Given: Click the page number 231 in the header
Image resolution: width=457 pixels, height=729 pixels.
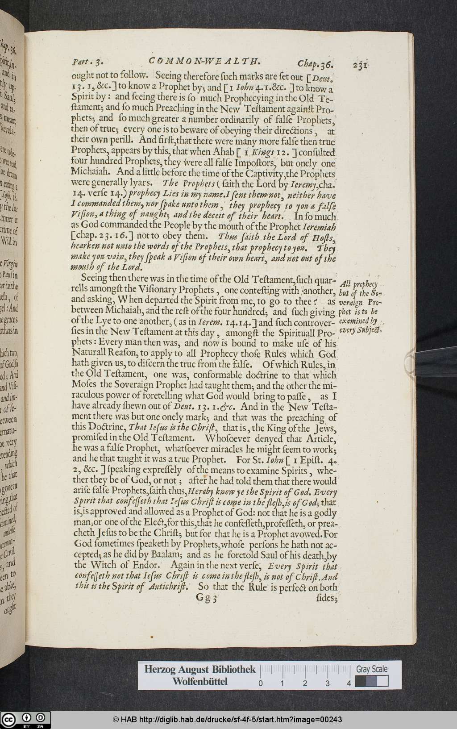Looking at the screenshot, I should [360, 65].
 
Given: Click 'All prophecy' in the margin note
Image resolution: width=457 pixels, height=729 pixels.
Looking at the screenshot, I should [359, 284].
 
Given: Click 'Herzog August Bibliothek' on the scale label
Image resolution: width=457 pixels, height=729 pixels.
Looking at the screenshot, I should [199, 669].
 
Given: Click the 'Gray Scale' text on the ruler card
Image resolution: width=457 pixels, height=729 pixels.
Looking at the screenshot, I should [371, 669].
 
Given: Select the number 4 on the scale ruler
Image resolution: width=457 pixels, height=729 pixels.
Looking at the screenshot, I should [349, 683].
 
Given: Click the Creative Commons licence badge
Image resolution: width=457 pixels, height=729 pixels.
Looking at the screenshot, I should [25, 720].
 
